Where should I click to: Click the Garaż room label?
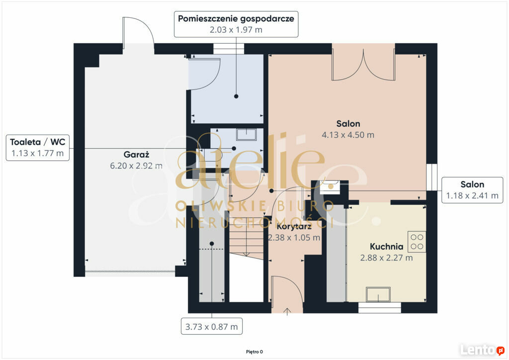point(136,155)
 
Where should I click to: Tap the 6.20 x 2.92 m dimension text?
point(136,166)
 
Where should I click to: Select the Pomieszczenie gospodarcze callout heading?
point(236,18)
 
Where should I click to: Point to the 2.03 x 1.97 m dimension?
point(236,30)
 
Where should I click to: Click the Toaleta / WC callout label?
point(38,142)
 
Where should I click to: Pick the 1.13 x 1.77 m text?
point(38,153)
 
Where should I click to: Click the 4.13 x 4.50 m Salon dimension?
point(348,135)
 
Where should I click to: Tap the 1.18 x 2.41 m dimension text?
point(472,196)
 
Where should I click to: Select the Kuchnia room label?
point(387,247)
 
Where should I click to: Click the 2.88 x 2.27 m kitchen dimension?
point(387,258)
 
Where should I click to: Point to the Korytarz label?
point(294,226)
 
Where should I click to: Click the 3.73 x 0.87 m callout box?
point(212,326)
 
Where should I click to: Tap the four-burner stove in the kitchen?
point(417,242)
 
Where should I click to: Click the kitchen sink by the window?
point(378,294)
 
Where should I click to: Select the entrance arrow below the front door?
point(287,312)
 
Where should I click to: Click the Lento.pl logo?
point(482,350)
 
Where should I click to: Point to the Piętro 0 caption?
point(254,352)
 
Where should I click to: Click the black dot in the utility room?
point(236,96)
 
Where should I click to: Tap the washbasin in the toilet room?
point(247,134)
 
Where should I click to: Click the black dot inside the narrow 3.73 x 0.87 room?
point(212,244)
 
